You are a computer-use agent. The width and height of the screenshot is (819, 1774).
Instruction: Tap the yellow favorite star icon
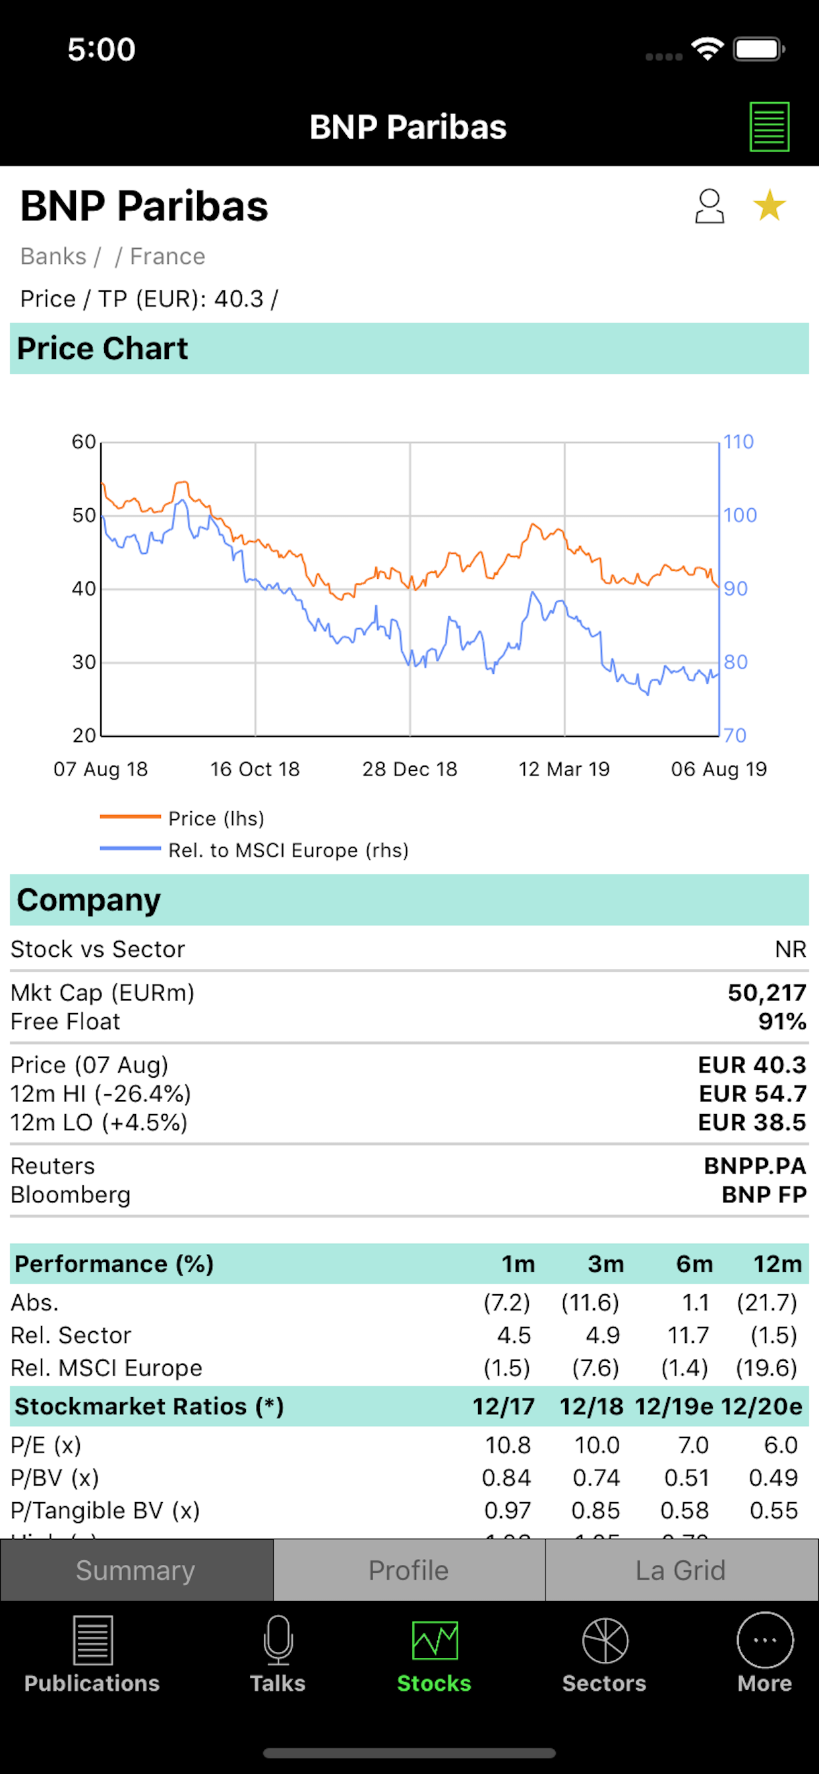click(769, 205)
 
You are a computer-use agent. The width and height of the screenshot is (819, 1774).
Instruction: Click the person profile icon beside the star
click(709, 206)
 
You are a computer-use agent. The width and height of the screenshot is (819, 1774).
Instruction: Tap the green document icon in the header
click(769, 127)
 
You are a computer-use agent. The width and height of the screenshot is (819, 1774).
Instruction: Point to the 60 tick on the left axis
click(84, 442)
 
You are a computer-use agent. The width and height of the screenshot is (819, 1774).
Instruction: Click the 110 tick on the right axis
click(739, 442)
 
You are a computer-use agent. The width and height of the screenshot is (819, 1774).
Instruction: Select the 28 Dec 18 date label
click(409, 770)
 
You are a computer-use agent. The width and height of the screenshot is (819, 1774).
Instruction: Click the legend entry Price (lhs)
click(216, 818)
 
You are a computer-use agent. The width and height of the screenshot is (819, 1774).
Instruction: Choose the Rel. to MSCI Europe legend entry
click(288, 851)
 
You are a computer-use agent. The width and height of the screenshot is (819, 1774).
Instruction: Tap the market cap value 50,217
click(767, 993)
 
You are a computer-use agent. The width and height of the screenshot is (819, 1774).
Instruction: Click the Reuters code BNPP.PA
click(754, 1166)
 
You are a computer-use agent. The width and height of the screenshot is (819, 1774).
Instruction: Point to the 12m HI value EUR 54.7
click(752, 1094)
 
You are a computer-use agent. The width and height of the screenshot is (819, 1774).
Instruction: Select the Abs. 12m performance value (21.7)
click(766, 1302)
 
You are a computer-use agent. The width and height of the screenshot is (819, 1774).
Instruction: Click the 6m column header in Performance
click(694, 1264)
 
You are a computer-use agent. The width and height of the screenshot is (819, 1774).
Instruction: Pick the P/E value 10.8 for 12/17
click(507, 1445)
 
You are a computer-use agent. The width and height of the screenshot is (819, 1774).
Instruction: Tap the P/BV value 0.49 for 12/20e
click(773, 1477)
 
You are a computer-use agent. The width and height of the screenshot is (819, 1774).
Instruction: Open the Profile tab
click(409, 1570)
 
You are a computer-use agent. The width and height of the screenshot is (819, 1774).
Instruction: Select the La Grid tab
click(681, 1570)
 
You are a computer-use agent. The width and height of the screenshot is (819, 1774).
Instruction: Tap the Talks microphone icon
click(278, 1641)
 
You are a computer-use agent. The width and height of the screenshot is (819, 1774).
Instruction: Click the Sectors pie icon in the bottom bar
click(604, 1641)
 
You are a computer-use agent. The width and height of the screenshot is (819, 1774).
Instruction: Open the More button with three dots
click(765, 1641)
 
